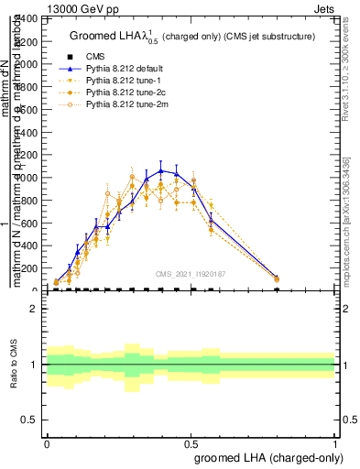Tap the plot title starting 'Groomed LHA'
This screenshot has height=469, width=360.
click(x=192, y=37)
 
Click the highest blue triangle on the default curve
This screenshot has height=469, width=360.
click(x=161, y=170)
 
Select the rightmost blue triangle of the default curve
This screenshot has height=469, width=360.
click(x=277, y=277)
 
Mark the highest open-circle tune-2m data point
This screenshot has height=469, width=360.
click(x=133, y=177)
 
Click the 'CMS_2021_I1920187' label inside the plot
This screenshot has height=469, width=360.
click(x=191, y=274)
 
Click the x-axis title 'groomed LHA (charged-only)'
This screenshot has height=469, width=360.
click(x=269, y=458)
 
